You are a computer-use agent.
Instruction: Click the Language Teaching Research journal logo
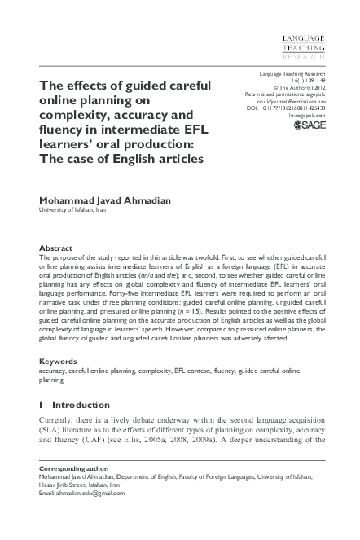pyautogui.click(x=303, y=50)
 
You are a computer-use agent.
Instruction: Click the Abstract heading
pyautogui.click(x=56, y=248)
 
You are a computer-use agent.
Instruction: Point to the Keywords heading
pyautogui.click(x=59, y=360)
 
